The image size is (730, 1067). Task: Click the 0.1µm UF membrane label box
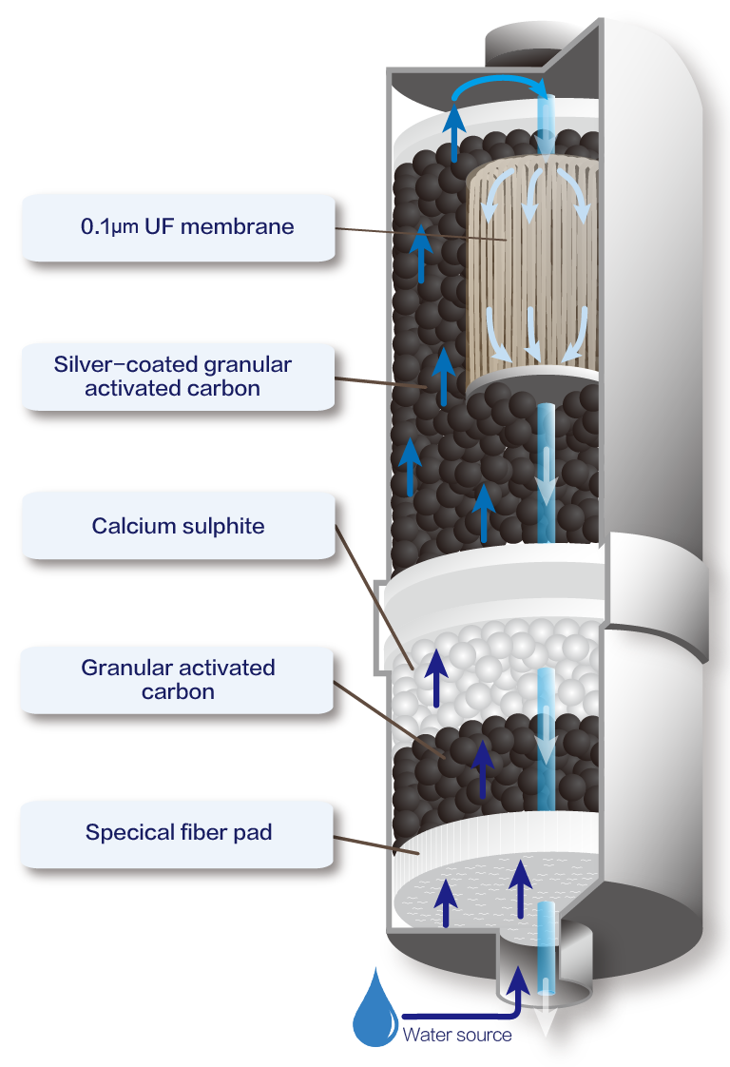click(181, 228)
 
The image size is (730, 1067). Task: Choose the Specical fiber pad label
click(179, 833)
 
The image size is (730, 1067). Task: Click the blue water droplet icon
click(374, 1011)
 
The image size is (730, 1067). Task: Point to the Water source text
click(456, 1035)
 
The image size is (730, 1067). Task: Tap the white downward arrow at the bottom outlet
click(547, 1022)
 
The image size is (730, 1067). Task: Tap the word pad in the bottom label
click(255, 833)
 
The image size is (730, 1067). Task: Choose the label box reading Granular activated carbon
click(178, 679)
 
